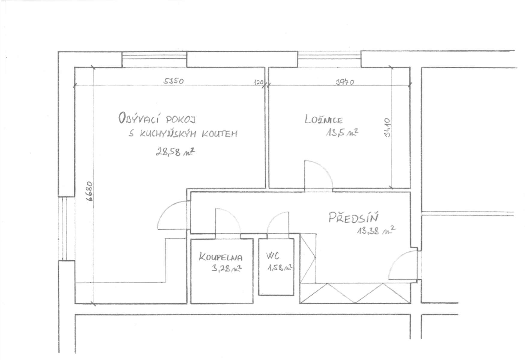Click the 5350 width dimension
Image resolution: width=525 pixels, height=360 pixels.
pyautogui.click(x=173, y=81)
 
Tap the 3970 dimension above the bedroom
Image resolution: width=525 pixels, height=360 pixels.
pyautogui.click(x=345, y=82)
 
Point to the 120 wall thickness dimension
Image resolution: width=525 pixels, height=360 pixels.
pyautogui.click(x=259, y=82)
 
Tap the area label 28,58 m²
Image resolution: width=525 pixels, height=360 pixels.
pyautogui.click(x=175, y=152)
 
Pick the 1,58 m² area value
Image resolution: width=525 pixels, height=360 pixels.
pyautogui.click(x=279, y=268)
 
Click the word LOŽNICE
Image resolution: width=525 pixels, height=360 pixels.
pyautogui.click(x=324, y=120)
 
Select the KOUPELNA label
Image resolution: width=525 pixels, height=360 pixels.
pyautogui.click(x=221, y=257)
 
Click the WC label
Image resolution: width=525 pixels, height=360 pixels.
pyautogui.click(x=273, y=256)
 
